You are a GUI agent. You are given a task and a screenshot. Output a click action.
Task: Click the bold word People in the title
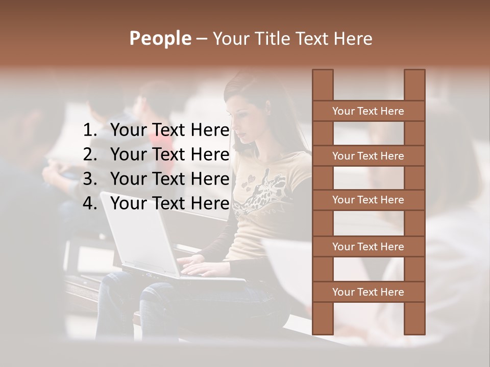pos(160,38)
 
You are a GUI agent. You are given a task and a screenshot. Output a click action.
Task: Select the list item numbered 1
pos(156,130)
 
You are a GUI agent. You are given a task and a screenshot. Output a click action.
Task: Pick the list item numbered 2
pos(156,154)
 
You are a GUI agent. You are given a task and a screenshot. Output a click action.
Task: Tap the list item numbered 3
pos(156,179)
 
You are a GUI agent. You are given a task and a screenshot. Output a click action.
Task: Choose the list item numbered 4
pos(156,203)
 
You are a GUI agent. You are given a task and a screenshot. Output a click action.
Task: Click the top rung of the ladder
pos(368,111)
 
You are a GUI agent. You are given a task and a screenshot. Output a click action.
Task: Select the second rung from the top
pos(368,156)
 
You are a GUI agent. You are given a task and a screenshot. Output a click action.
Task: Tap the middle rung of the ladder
pos(368,200)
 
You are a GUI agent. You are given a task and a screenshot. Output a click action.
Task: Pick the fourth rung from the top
pos(368,247)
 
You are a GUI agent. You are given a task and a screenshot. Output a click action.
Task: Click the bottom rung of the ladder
pos(368,292)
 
